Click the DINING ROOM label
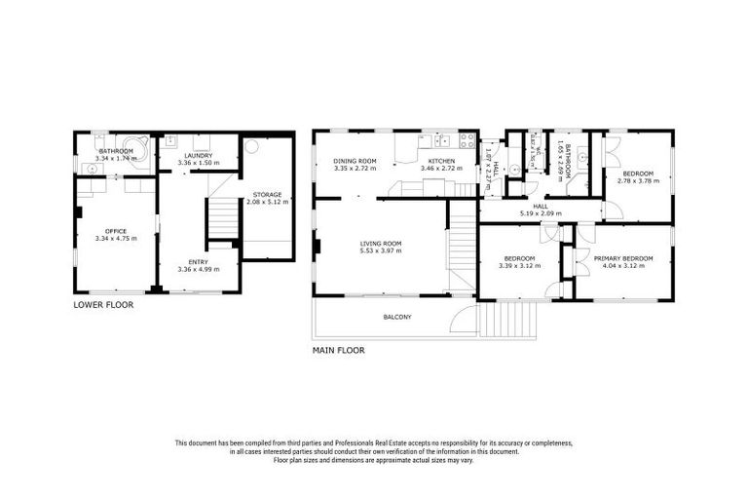tap(355, 161)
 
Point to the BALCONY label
tap(397, 317)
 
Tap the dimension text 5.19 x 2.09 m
tap(541, 212)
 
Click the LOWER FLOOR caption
tap(104, 305)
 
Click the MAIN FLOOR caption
tap(338, 350)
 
